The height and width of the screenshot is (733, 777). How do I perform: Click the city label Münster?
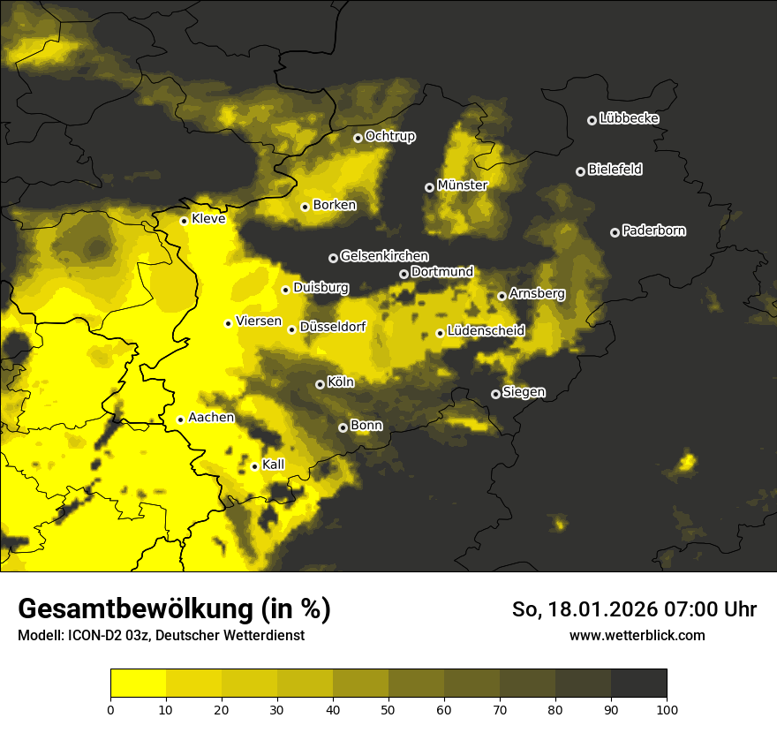[462, 185]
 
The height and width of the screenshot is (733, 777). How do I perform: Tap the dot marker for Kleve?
[184, 221]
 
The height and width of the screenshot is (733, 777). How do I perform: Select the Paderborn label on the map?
[653, 230]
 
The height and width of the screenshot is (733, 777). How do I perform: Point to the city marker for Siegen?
[495, 394]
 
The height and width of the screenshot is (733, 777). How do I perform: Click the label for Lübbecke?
[629, 118]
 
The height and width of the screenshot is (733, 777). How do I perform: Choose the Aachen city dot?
[180, 419]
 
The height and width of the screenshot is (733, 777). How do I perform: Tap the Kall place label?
[274, 465]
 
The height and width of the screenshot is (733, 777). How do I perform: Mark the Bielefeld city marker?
[580, 171]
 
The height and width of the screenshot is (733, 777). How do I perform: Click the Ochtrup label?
[389, 136]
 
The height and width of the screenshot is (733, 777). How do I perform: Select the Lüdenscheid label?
[486, 331]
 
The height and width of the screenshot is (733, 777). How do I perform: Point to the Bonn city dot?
[343, 427]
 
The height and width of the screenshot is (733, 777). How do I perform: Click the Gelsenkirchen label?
[384, 256]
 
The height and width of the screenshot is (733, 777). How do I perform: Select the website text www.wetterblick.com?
[637, 635]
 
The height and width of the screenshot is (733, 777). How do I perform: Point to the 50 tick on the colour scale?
[388, 708]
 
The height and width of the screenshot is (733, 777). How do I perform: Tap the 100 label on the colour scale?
[667, 708]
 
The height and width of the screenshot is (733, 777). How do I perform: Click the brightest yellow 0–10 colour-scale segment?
[138, 684]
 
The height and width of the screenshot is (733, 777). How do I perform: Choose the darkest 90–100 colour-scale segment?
[638, 684]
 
